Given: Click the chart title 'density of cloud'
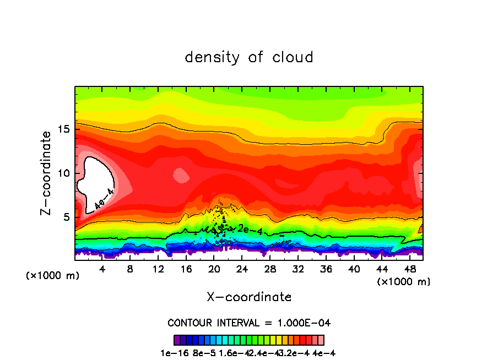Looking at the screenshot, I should (x=249, y=57).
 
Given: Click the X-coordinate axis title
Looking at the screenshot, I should (x=249, y=297).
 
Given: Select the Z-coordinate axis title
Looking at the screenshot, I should (x=47, y=173).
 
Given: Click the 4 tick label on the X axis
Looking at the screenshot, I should (x=102, y=269).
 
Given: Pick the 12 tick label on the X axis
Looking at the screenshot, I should (x=158, y=269).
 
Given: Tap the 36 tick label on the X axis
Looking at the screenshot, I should (x=326, y=269).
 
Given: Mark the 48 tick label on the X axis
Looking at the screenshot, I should (x=409, y=269).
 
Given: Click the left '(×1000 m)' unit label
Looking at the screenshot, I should (x=53, y=275).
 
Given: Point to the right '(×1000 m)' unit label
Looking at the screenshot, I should (x=404, y=281).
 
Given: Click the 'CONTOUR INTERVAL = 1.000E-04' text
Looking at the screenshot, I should (x=249, y=323).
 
